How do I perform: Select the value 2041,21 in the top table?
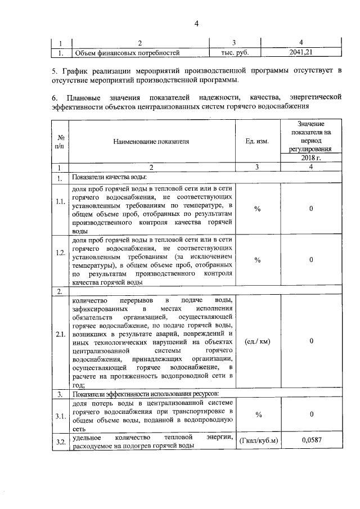coord(302,53)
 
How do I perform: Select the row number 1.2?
coord(61,260)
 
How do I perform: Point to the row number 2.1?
coord(61,341)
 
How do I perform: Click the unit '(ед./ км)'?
coord(257,341)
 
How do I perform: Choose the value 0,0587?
coord(311,440)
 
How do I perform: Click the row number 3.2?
coord(61,441)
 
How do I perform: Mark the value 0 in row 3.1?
coord(311,415)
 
